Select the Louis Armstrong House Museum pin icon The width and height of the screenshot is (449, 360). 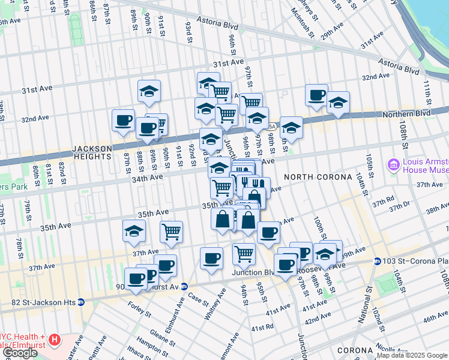pyautogui.click(x=394, y=164)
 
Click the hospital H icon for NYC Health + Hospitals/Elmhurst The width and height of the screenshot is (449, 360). pyautogui.click(x=55, y=340)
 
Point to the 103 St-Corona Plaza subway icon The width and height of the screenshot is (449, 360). pyautogui.click(x=377, y=261)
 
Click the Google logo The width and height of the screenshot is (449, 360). pyautogui.click(x=19, y=353)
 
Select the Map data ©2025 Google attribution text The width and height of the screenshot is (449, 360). pyautogui.click(x=412, y=355)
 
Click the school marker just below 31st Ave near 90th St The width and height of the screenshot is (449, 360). pyautogui.click(x=149, y=92)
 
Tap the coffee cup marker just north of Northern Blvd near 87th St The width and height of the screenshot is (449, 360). pyautogui.click(x=123, y=120)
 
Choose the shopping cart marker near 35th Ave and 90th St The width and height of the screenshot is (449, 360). pyautogui.click(x=172, y=231)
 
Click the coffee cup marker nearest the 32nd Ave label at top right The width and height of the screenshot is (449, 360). pyautogui.click(x=316, y=95)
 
